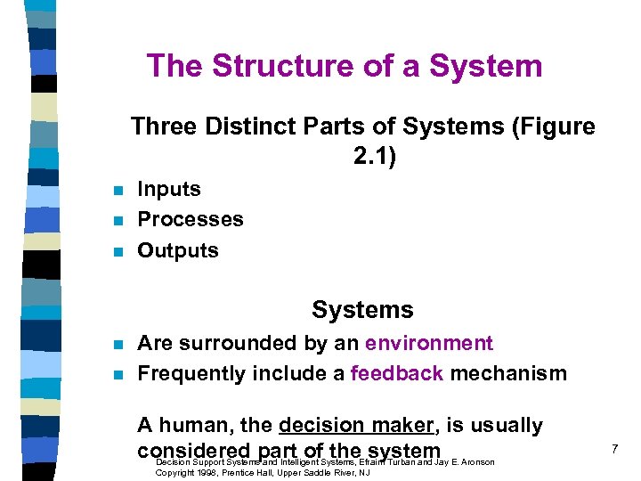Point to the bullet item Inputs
pos(169,189)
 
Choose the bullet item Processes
pos(191,219)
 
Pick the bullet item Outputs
pos(178,250)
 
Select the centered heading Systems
pos(362,310)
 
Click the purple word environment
pos(429,343)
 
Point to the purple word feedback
pos(397,373)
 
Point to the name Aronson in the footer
pos(474,462)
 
